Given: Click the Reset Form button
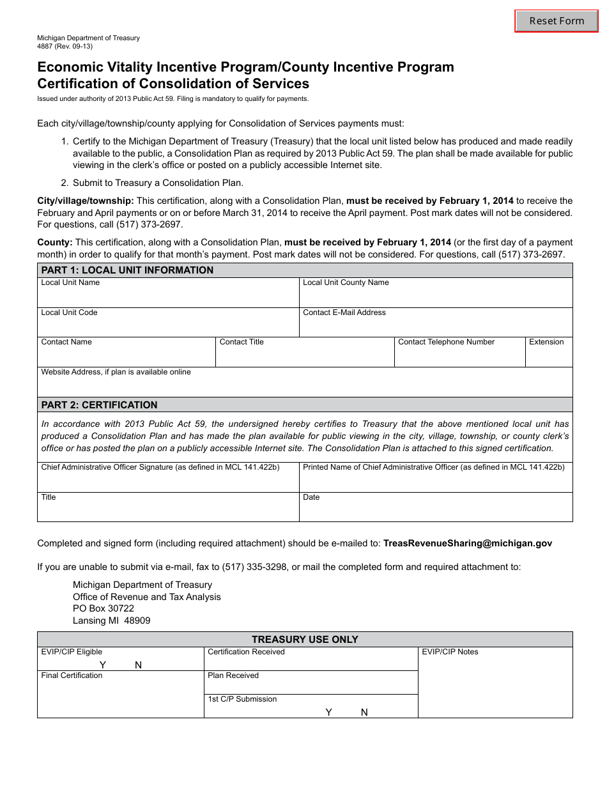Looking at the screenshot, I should coord(557,21).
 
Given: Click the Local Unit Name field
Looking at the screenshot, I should coord(168,297).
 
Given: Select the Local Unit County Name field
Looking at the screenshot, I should coord(436,297).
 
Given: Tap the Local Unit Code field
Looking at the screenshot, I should coord(168,326).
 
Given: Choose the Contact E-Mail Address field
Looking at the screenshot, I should coord(436,326).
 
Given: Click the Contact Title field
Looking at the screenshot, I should coord(304,356).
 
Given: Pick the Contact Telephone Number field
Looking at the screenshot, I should coord(459,356).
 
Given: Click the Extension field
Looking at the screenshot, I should coord(548,356).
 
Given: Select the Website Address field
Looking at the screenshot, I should coord(305,385).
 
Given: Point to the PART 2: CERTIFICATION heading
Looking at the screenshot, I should coord(99,405).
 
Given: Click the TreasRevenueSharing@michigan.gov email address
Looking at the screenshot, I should coord(467,544).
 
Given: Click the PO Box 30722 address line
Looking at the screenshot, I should coord(104,608).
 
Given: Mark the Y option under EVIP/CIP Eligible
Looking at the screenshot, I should coord(103,665).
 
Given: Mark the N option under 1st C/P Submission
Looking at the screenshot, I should coord(364,713).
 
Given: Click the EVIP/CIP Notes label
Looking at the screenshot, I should coord(450,652).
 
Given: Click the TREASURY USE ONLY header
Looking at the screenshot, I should coord(305,640).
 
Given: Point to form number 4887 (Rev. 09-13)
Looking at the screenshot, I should coord(65,46).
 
